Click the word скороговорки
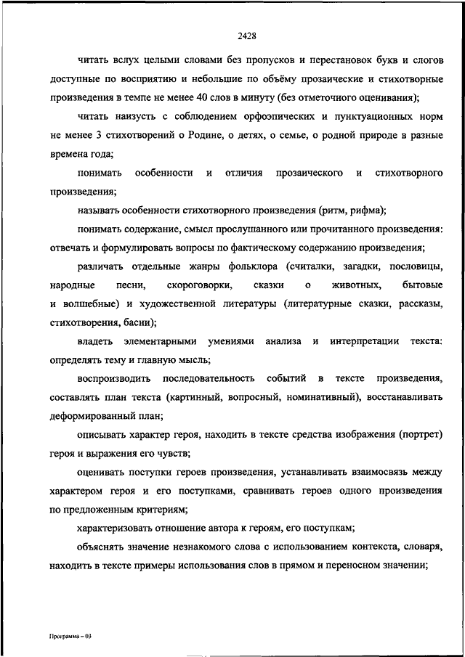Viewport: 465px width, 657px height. [192, 286]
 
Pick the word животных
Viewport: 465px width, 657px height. [354, 286]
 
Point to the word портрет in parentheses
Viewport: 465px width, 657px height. [421, 436]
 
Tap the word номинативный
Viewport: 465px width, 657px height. [322, 398]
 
